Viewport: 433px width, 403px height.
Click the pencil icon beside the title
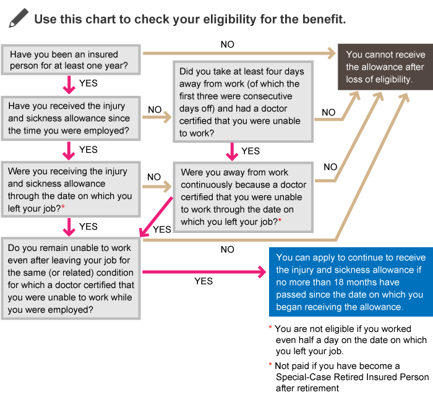click(19, 18)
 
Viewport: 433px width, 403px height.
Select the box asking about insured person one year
click(71, 59)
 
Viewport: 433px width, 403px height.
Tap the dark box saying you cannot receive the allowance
click(385, 67)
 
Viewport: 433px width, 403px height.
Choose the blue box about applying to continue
click(351, 282)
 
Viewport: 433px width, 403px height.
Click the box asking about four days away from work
click(243, 102)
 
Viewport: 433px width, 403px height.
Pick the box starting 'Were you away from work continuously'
click(243, 197)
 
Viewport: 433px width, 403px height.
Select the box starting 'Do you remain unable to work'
click(71, 279)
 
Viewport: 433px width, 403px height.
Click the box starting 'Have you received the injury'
click(71, 119)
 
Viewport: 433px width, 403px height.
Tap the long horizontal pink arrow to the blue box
click(204, 272)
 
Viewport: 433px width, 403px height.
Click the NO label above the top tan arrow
click(227, 45)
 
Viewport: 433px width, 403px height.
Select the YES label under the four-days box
click(251, 151)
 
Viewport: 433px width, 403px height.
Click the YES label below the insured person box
click(88, 83)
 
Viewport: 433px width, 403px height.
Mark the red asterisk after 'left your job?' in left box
click(63, 206)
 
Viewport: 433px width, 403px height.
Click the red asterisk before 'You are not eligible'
click(270, 328)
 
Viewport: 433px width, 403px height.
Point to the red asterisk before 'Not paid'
click(270, 364)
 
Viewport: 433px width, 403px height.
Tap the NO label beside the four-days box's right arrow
click(328, 112)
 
